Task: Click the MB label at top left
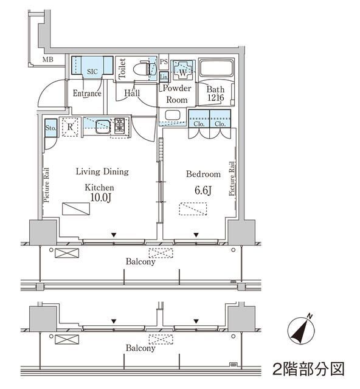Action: click(x=48, y=60)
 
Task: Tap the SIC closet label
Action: click(x=92, y=72)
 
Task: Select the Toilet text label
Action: click(x=122, y=69)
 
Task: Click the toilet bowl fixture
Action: click(x=144, y=69)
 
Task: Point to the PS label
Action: click(x=163, y=63)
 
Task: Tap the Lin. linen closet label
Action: click(x=164, y=77)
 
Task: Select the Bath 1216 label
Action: click(x=215, y=94)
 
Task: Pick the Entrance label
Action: click(x=87, y=94)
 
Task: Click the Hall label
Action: click(x=132, y=93)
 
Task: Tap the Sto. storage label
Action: click(x=51, y=128)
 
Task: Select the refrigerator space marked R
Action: click(x=71, y=126)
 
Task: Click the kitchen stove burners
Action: click(x=119, y=126)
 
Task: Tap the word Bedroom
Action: click(x=203, y=174)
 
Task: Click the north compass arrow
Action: click(x=300, y=330)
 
